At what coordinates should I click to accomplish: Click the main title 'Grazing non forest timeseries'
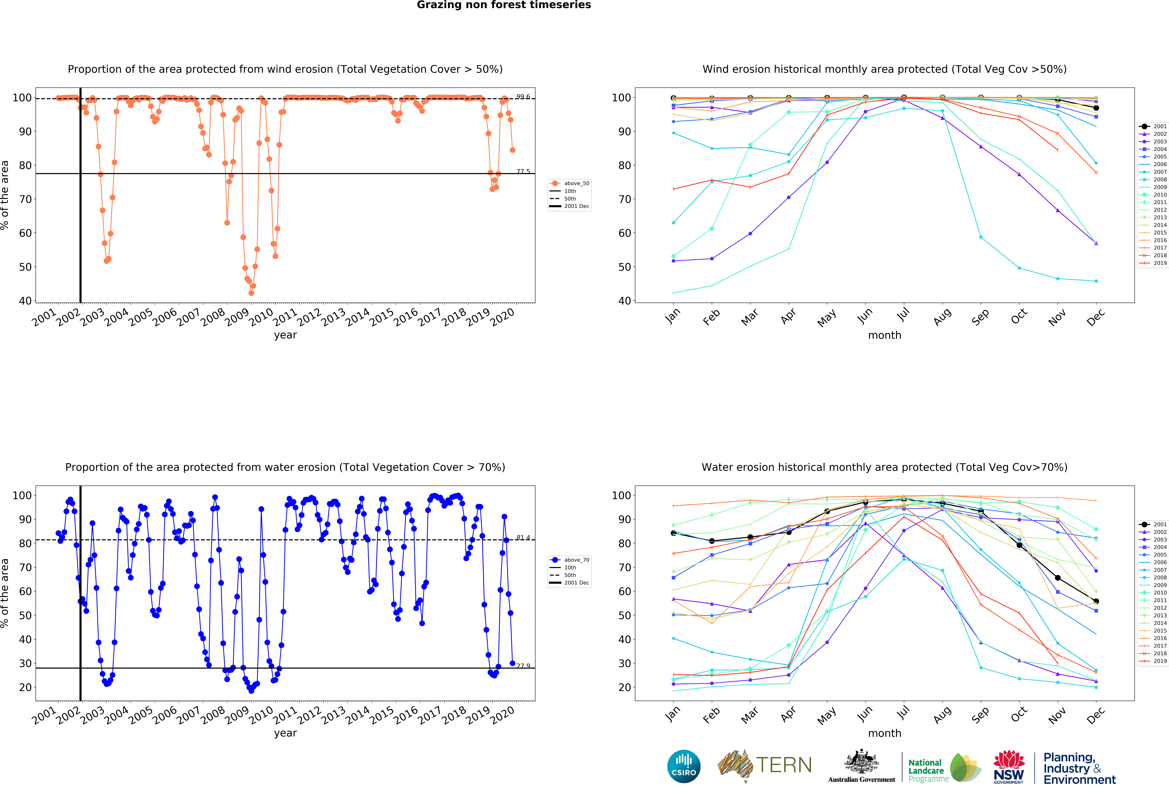coord(503,5)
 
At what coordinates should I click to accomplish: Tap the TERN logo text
coord(784,765)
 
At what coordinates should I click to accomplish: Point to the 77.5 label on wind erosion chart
coord(523,172)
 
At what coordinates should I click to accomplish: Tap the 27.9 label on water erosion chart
coord(523,666)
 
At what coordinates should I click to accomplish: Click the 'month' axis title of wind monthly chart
coord(884,335)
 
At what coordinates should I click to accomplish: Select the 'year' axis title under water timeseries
coord(285,733)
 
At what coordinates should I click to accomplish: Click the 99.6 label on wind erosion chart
coord(523,97)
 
